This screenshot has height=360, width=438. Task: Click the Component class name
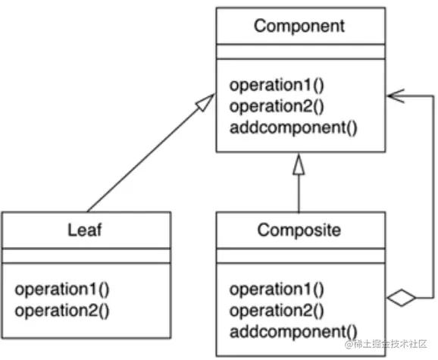point(299,26)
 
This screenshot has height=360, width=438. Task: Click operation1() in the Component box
point(277,84)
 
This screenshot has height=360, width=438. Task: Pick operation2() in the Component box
point(277,105)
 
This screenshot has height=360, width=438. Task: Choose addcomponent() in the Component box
point(292,125)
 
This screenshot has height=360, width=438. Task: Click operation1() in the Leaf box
point(63,289)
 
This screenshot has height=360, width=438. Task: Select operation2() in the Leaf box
point(63,309)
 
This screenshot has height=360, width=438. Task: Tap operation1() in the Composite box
point(277,289)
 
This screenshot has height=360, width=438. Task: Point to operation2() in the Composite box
point(277,309)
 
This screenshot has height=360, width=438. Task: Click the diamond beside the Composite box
point(401,299)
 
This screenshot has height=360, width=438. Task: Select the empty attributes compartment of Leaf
point(85,256)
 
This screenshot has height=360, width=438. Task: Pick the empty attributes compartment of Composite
point(299,256)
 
